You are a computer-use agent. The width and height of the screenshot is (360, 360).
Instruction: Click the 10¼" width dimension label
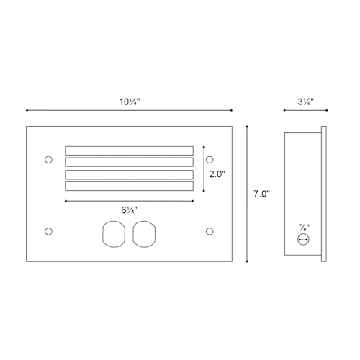point(130,102)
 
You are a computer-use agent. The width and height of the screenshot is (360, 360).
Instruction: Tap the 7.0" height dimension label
point(261,194)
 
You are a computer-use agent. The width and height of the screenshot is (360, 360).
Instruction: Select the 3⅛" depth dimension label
point(306,102)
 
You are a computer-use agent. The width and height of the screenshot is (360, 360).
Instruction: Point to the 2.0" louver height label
point(217,174)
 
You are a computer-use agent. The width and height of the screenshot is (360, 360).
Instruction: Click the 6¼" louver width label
point(129,210)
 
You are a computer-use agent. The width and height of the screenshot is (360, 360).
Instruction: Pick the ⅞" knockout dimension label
point(304,228)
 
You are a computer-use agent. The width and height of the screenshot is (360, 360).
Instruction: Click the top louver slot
point(129,150)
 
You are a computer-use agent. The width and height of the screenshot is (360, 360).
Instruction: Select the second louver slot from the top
point(129,162)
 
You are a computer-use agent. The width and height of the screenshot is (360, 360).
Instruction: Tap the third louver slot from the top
point(129,175)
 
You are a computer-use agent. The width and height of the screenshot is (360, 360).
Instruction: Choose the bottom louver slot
point(129,186)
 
